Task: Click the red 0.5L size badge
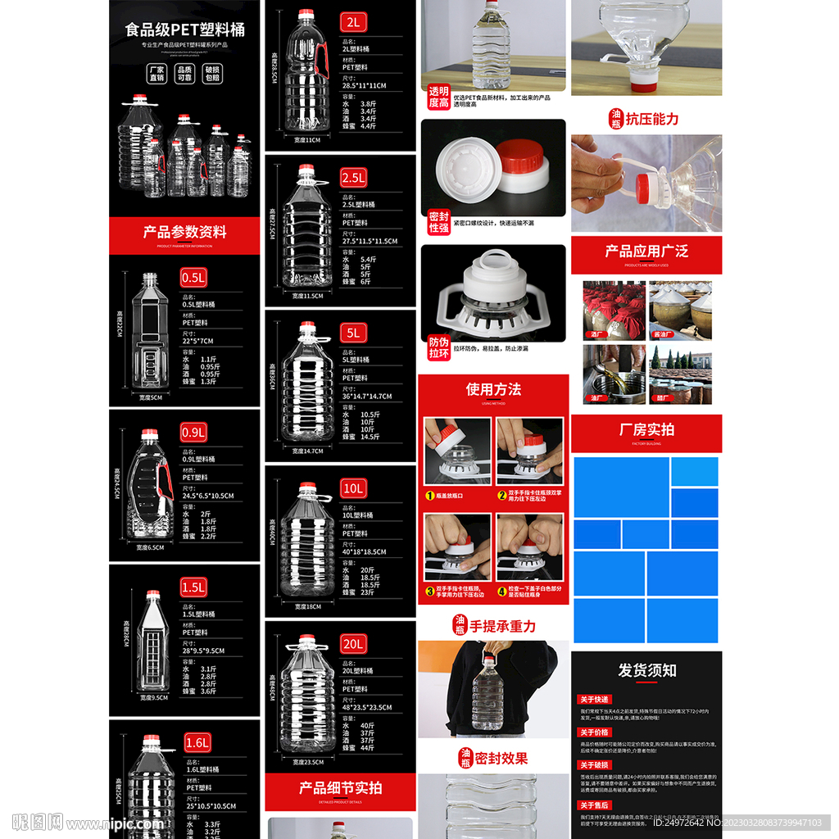tap(193, 277)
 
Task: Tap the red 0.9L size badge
tap(194, 432)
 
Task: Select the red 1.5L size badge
tap(194, 587)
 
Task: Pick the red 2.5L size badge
tap(353, 178)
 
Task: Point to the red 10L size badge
tap(353, 488)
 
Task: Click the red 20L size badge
tap(353, 644)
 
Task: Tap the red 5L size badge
tap(353, 333)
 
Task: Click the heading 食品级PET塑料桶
tap(184, 30)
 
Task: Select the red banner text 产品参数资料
tap(184, 232)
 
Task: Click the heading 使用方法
tap(493, 389)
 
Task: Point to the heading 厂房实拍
tap(646, 429)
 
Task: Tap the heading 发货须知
tap(646, 670)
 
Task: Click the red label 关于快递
tap(595, 699)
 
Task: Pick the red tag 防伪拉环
tap(439, 347)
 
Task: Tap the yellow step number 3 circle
tap(429, 590)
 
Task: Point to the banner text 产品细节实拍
tap(340, 787)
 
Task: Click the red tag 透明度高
tap(439, 97)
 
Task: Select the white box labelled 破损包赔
tap(212, 74)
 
